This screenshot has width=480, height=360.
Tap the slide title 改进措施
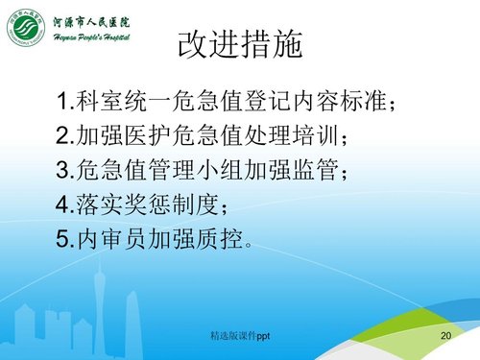tap(240, 42)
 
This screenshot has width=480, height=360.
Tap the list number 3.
tap(62, 171)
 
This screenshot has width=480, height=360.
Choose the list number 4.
tap(62, 205)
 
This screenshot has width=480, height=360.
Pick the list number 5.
tap(62, 240)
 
